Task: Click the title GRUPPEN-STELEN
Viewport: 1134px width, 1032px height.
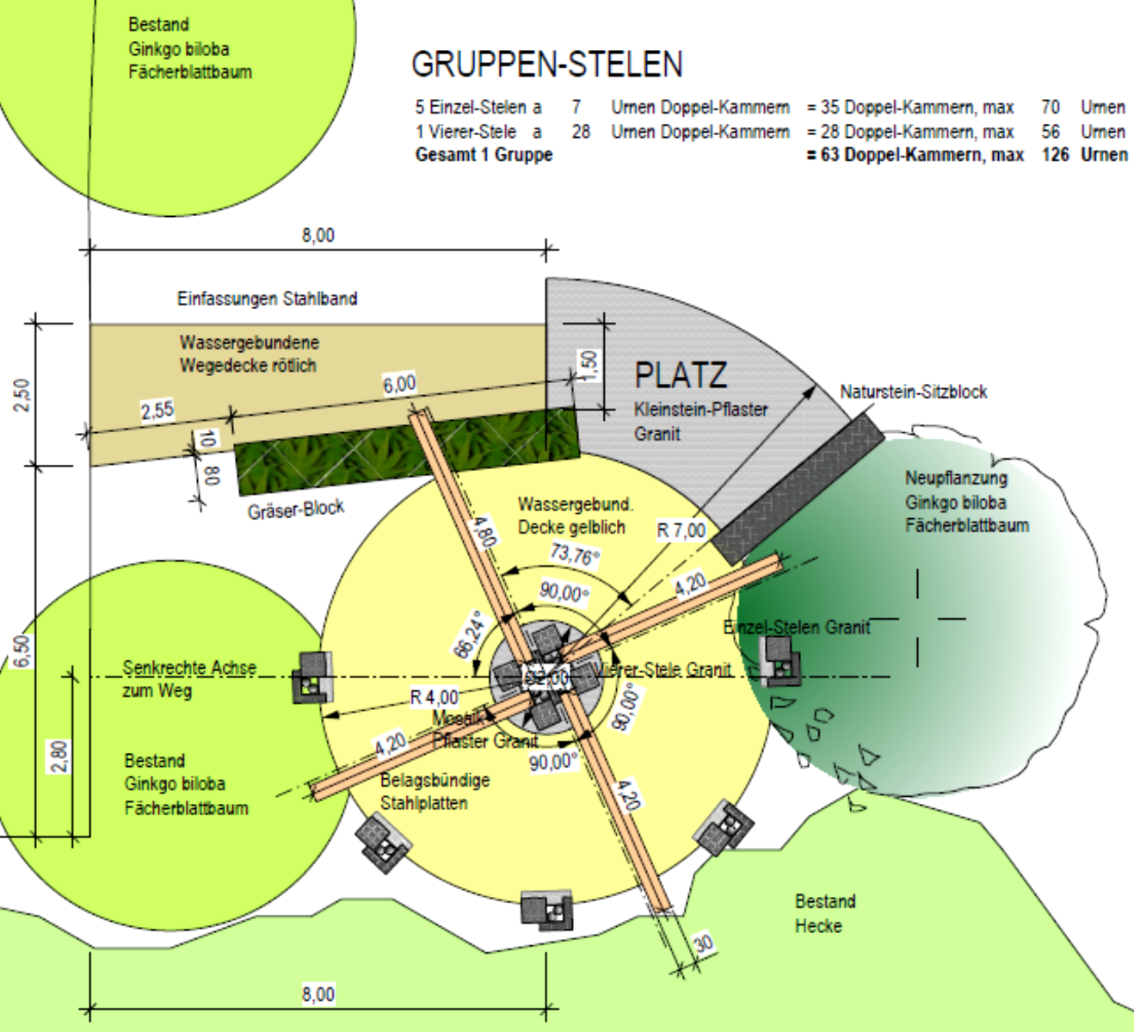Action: click(547, 65)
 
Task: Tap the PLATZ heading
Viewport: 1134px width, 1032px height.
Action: click(681, 375)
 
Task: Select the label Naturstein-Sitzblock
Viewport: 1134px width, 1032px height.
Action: click(913, 392)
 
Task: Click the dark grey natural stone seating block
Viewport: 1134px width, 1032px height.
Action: click(799, 488)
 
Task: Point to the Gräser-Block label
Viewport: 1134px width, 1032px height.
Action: click(295, 510)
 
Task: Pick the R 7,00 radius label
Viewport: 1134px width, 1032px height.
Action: click(681, 531)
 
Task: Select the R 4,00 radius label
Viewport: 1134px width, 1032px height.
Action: click(434, 696)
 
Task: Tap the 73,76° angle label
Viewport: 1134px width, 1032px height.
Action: click(574, 555)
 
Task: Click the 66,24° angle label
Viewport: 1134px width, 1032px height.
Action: click(467, 635)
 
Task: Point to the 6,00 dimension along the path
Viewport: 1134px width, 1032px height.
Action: click(399, 384)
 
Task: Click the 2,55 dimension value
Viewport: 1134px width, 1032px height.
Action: click(157, 411)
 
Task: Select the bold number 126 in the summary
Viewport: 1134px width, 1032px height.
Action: click(1055, 155)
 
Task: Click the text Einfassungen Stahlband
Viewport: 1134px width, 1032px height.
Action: click(267, 299)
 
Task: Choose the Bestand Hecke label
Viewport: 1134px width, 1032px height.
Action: click(824, 913)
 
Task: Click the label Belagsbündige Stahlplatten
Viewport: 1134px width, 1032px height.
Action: click(434, 791)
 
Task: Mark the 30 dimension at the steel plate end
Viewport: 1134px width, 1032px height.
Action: click(703, 943)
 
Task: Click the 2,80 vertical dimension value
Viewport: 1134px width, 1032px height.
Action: click(59, 757)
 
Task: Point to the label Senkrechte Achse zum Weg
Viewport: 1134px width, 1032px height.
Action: click(188, 678)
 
